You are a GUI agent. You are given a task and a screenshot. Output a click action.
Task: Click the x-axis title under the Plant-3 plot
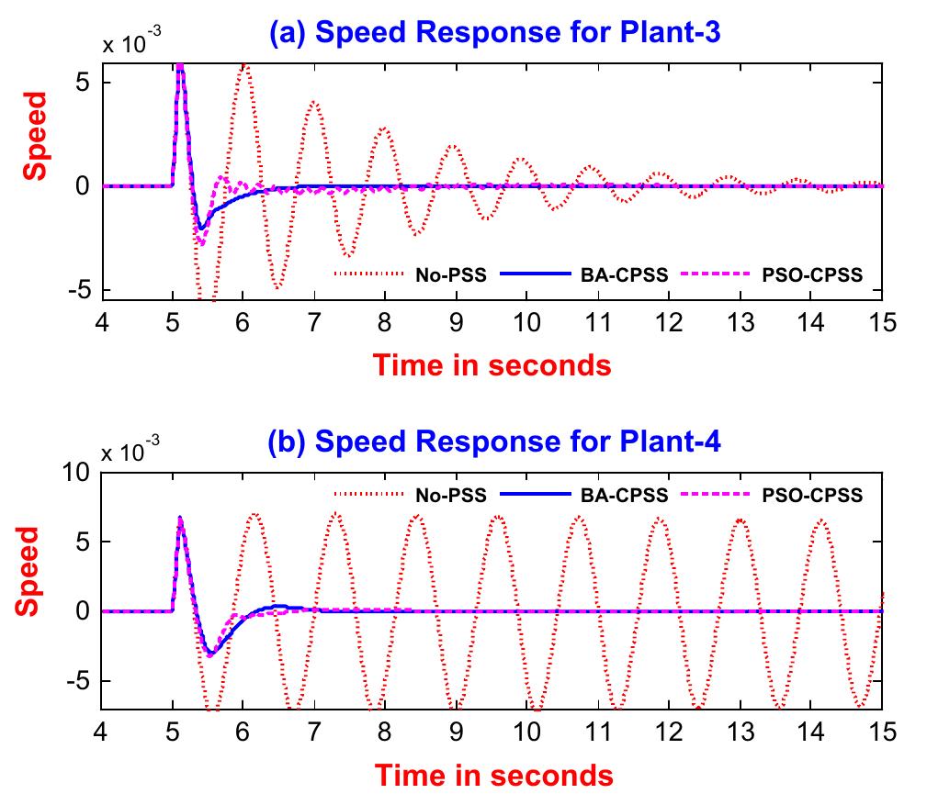point(492,364)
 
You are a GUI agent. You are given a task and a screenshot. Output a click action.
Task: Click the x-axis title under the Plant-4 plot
point(492,775)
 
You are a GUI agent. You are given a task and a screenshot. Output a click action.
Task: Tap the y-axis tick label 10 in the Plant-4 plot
point(75,472)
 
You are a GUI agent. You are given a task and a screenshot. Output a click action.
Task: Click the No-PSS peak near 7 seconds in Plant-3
point(314,102)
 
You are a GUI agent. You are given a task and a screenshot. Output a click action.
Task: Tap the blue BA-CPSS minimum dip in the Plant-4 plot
point(210,654)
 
